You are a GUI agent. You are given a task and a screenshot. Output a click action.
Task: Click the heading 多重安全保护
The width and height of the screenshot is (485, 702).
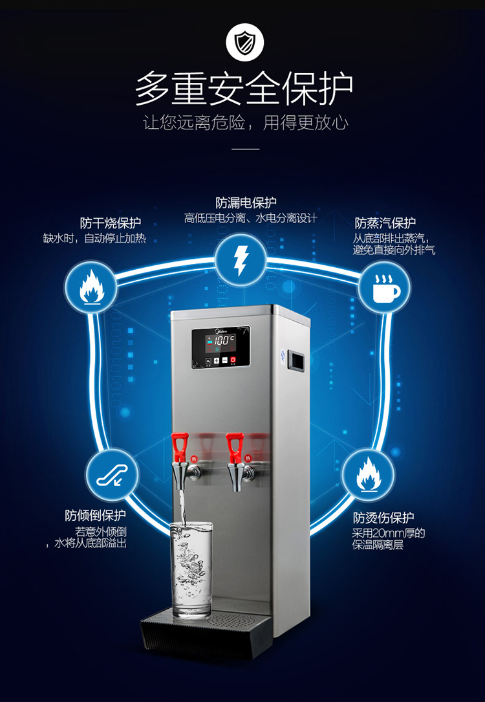244,89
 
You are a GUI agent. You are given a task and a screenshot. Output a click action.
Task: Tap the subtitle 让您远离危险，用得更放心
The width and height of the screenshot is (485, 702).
245,123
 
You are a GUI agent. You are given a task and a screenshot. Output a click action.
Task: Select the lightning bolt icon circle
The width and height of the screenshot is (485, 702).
241,259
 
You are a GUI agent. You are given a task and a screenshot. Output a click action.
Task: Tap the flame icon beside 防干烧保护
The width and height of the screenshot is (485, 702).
91,287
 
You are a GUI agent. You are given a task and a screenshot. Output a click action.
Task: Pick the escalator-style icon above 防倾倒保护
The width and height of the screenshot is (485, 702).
111,474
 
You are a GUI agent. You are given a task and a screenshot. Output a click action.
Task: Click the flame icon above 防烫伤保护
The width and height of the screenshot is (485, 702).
367,474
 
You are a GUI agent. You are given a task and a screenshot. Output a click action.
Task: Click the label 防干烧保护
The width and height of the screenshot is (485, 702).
111,223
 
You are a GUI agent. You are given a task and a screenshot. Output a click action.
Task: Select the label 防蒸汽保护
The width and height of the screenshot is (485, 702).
385,223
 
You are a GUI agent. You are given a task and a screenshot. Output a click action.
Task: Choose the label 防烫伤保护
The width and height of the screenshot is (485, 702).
383,518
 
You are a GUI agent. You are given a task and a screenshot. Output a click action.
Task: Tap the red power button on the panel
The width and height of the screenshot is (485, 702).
233,360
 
